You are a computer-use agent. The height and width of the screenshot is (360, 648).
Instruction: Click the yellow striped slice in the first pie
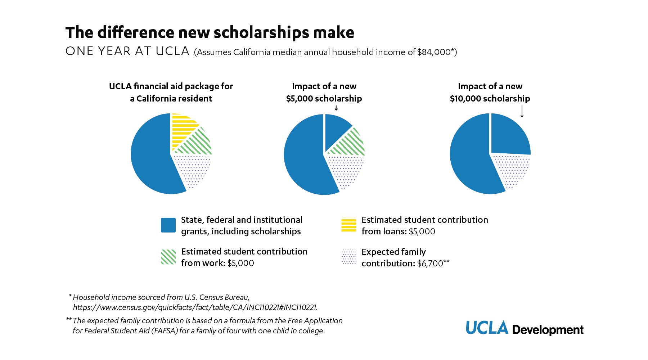[183, 130]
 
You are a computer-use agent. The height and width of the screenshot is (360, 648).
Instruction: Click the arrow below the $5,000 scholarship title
[336, 108]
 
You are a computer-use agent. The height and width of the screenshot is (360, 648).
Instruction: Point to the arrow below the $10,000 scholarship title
[522, 111]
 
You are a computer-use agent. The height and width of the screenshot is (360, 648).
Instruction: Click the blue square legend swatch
[168, 225]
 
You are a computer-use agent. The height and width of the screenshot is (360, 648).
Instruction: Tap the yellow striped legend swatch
[348, 225]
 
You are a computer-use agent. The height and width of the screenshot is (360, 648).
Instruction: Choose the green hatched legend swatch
[168, 257]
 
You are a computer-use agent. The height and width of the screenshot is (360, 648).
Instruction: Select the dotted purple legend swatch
[348, 257]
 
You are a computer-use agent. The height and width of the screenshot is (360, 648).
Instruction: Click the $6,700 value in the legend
[430, 264]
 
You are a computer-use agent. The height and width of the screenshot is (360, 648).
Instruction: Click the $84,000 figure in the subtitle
[434, 52]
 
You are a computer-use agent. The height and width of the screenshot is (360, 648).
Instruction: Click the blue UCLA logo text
[487, 328]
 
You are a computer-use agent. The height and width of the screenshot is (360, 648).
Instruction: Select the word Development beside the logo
[548, 330]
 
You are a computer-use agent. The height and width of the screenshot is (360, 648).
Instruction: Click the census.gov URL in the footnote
[195, 307]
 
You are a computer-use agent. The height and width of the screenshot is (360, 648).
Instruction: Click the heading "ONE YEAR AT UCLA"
[127, 51]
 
